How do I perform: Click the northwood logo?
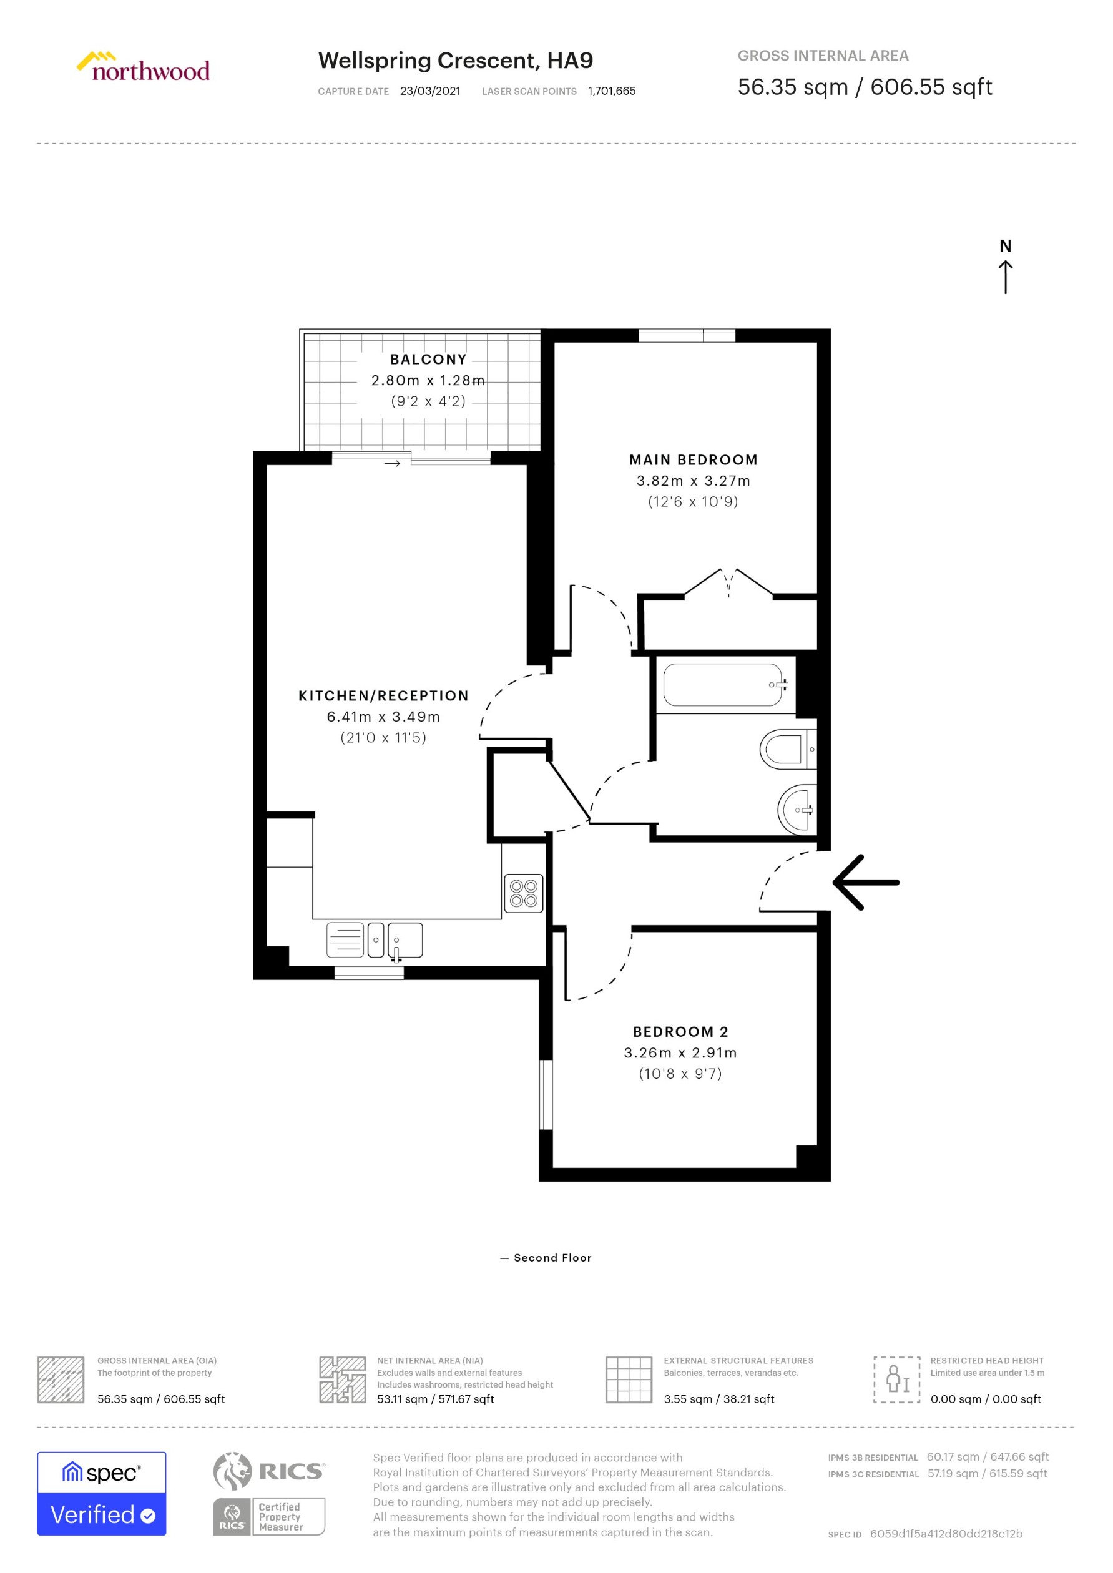(143, 67)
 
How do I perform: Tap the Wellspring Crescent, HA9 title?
(455, 61)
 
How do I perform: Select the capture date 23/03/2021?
(429, 91)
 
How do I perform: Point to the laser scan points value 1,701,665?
(611, 91)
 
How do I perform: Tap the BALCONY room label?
(428, 359)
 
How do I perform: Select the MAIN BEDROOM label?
(693, 460)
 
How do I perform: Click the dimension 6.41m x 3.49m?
(383, 717)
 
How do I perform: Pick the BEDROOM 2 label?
(680, 1032)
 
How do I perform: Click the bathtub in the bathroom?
(722, 685)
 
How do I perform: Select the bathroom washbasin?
(797, 810)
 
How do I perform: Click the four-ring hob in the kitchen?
(523, 893)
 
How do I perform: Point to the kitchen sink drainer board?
(345, 939)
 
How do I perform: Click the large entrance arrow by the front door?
(866, 882)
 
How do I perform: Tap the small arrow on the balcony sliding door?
(391, 464)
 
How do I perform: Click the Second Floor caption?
(552, 1258)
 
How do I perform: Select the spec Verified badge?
(101, 1493)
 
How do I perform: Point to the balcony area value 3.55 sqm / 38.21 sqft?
(718, 1399)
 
